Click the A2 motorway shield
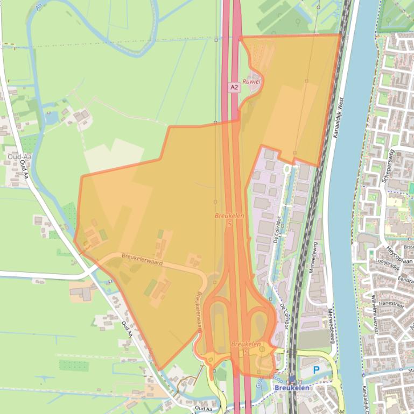234,87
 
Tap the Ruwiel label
251,81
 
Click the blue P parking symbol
316,370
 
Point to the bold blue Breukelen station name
291,388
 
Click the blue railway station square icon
291,379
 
